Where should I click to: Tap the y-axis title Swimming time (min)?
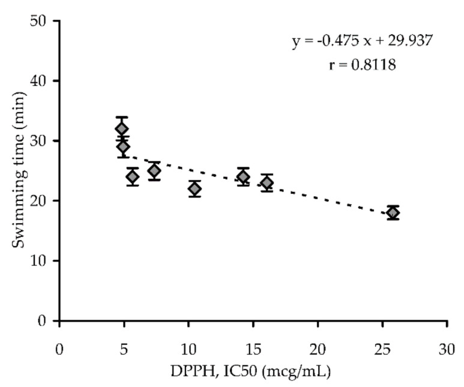[x=19, y=170]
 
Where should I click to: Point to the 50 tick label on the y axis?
[x=42, y=21]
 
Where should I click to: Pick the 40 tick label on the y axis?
[x=42, y=81]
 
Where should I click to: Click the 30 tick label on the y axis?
[x=42, y=141]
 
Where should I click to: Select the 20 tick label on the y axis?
[x=42, y=201]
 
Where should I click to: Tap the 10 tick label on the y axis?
[x=42, y=261]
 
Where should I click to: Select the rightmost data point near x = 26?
[x=393, y=213]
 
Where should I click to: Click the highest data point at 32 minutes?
[x=122, y=128]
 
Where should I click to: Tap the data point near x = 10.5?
[x=194, y=189]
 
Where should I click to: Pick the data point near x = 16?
[x=267, y=183]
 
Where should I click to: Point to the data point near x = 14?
[x=243, y=177]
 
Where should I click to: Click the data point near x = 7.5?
[x=154, y=171]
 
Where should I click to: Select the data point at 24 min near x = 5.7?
[x=133, y=176]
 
